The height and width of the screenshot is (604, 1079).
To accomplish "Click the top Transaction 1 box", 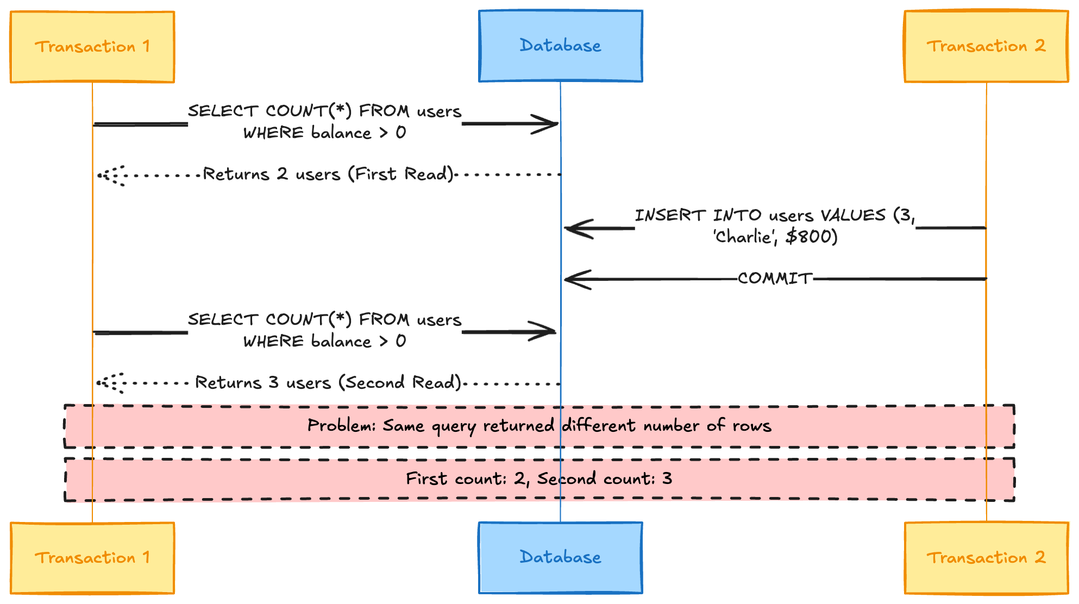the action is [x=92, y=47].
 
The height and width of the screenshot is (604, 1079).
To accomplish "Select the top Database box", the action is [x=561, y=46].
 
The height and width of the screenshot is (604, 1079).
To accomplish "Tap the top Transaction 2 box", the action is [x=986, y=47].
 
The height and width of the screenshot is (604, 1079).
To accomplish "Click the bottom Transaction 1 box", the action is [x=92, y=558].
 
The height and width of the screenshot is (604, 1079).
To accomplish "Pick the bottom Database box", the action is [x=561, y=558].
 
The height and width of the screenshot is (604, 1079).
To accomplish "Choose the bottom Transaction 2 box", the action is [x=986, y=558].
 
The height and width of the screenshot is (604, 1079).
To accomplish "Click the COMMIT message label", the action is [x=775, y=279].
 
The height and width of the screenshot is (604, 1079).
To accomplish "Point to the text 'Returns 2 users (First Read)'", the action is [x=328, y=174].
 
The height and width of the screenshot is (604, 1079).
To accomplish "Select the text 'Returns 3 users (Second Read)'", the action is [x=328, y=382].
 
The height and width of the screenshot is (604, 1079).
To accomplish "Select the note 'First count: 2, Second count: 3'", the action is [x=539, y=479].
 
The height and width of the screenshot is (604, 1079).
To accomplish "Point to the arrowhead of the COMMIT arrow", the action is [x=565, y=279].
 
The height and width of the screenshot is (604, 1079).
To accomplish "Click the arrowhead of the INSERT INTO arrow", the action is [x=565, y=229].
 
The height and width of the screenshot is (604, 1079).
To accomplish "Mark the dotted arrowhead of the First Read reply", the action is [x=99, y=175].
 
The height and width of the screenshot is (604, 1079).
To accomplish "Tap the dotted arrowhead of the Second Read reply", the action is [x=98, y=383].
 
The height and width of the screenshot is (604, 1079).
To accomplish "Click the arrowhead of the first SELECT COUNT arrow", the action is [x=558, y=124].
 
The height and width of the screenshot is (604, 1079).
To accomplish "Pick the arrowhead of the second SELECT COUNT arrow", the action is [x=555, y=331].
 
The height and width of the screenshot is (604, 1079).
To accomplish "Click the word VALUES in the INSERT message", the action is [x=853, y=216].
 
